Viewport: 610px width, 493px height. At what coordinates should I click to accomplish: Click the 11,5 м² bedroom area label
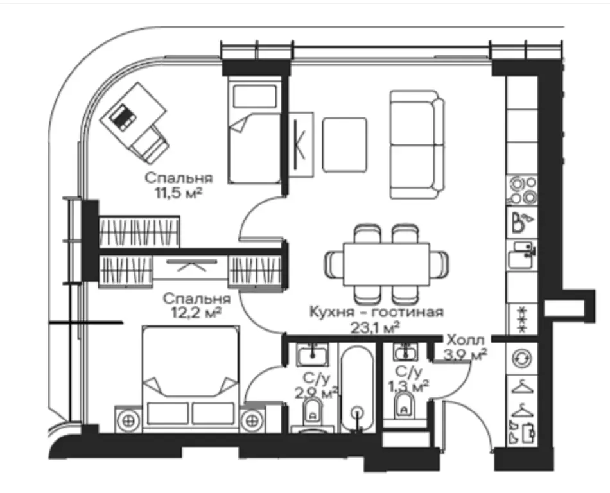(179, 193)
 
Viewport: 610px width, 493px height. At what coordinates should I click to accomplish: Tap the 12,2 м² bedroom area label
(196, 313)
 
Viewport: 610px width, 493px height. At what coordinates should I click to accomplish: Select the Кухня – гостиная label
(376, 312)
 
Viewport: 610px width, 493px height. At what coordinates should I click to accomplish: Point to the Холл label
(466, 340)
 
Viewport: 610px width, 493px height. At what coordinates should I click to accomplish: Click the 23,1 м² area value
(376, 328)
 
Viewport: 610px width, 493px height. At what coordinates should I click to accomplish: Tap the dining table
(387, 264)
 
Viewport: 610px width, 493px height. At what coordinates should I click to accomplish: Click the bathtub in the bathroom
(358, 390)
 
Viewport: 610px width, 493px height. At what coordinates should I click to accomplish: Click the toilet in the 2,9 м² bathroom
(313, 412)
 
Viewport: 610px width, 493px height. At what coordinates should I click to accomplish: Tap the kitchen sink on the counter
(521, 255)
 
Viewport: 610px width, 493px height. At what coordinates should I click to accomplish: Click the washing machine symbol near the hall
(521, 359)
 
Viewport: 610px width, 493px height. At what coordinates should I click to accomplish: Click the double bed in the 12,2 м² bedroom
(191, 379)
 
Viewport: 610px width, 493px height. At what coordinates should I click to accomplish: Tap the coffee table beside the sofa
(345, 144)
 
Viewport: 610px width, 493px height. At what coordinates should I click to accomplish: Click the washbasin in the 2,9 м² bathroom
(313, 354)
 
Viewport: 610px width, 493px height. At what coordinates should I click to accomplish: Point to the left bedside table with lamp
(128, 420)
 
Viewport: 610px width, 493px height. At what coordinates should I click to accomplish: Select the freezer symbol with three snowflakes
(522, 320)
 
